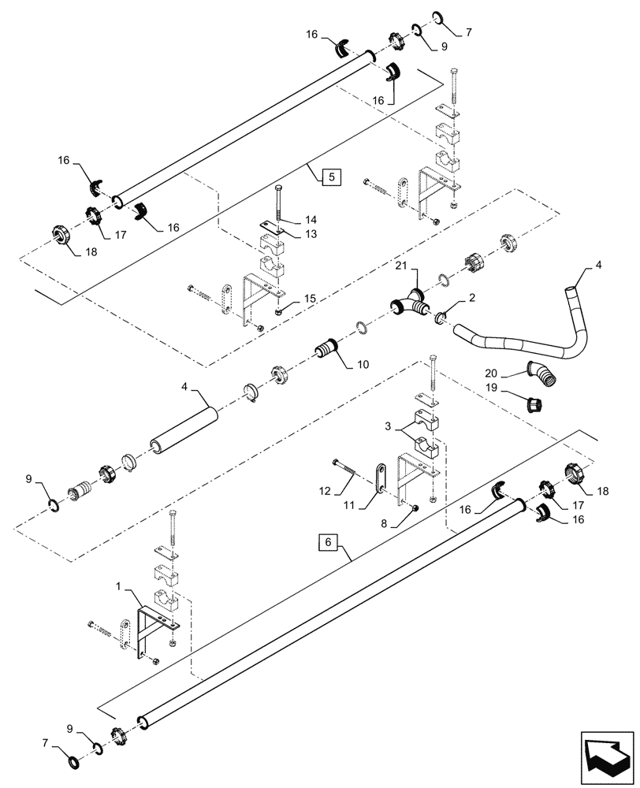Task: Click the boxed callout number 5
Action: (x=330, y=177)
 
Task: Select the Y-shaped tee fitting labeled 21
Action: (x=410, y=307)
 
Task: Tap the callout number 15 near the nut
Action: (x=311, y=298)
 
